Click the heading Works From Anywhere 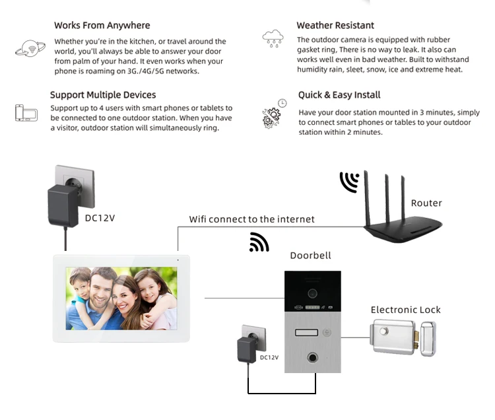coord(102,26)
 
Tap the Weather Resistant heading coord(335,26)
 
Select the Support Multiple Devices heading coord(103,95)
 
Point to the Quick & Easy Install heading coord(339,95)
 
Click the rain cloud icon coord(273,38)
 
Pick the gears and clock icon coord(273,114)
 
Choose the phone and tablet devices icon coord(26,112)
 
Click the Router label coord(426,203)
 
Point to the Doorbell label coord(310,256)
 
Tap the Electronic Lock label coord(405,310)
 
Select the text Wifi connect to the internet coord(252,219)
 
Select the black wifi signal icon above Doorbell coord(259,242)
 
